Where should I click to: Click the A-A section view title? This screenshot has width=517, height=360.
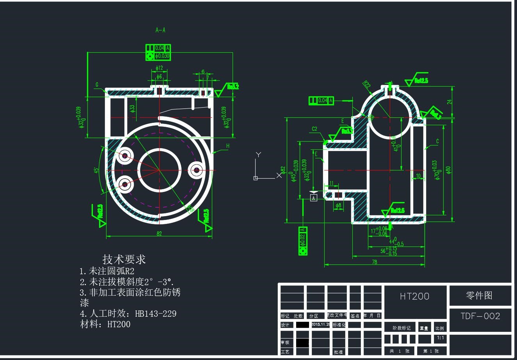click(160, 30)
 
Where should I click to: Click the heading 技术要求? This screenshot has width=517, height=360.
click(124, 259)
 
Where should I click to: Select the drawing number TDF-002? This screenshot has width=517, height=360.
click(480, 316)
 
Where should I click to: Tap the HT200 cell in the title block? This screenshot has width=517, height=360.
click(414, 296)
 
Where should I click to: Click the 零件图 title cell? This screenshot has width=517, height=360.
click(480, 296)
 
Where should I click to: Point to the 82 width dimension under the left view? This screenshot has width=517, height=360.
click(159, 233)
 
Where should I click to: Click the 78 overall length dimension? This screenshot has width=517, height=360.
click(374, 262)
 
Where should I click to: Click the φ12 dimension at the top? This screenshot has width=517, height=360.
click(159, 68)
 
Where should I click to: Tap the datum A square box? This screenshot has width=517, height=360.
click(313, 198)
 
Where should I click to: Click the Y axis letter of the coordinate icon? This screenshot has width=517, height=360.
click(258, 154)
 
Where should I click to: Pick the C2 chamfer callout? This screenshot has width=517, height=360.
click(314, 129)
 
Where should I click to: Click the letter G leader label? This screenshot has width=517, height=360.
click(97, 85)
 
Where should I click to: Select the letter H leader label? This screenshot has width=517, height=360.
click(227, 146)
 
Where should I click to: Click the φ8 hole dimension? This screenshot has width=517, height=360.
click(338, 205)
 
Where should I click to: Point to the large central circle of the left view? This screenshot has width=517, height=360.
click(159, 170)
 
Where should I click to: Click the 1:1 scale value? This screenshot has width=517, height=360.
click(440, 338)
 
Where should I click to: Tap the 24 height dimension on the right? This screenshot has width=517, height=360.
click(449, 102)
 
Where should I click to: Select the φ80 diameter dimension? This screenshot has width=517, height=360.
click(449, 170)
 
